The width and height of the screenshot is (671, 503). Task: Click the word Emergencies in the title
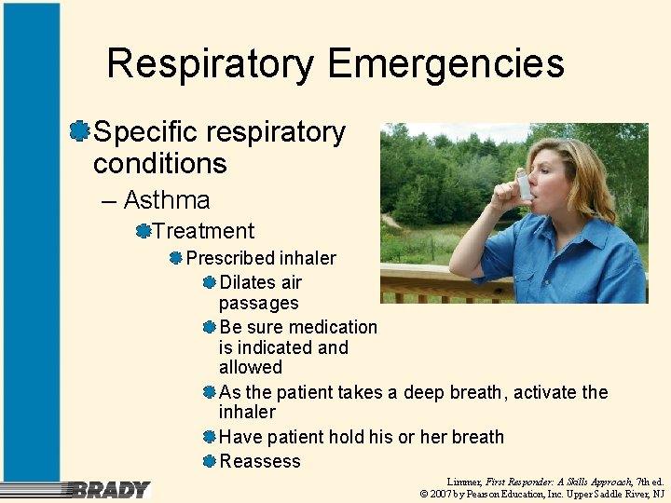pos(446,64)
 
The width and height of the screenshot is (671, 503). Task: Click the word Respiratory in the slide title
pos(212,64)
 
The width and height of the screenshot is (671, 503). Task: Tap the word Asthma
pos(167,199)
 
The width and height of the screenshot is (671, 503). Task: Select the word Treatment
pos(203,231)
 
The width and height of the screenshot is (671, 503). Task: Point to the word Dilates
pos(248,282)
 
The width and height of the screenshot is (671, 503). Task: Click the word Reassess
pos(260,461)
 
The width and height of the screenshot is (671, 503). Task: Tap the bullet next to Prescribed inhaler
pos(175,258)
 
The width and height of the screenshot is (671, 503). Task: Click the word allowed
pos(250,367)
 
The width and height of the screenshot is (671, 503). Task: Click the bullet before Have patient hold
pos(210,437)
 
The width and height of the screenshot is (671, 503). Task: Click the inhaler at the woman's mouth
pos(525,184)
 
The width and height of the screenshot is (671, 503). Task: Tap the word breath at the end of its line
pos(477,437)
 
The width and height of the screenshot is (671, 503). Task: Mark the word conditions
pos(160,164)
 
